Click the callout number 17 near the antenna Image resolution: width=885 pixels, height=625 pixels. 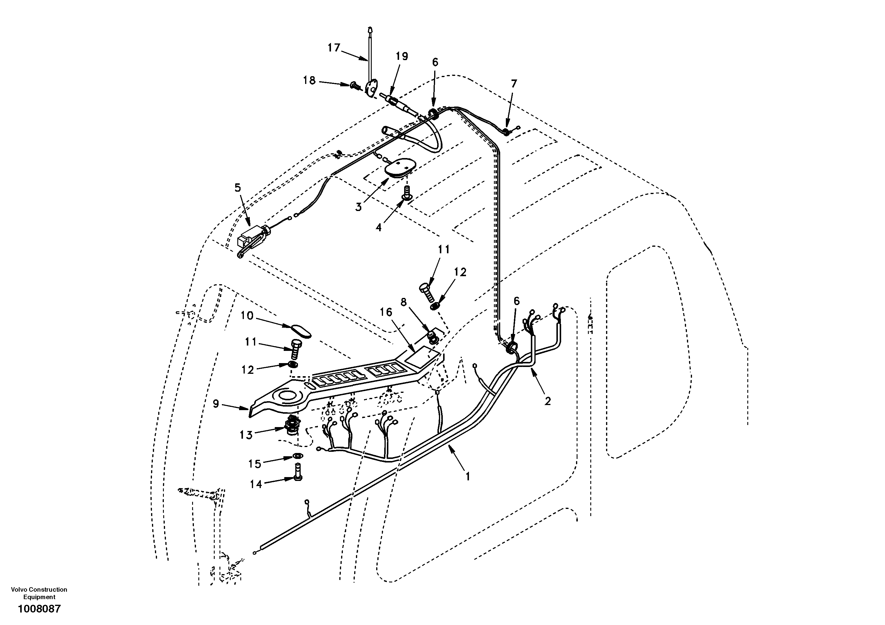pyautogui.click(x=334, y=48)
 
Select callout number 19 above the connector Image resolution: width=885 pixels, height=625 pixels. pyautogui.click(x=402, y=57)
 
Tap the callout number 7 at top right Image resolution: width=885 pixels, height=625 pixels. pyautogui.click(x=514, y=84)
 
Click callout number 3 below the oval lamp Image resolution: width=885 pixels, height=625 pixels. pyautogui.click(x=358, y=207)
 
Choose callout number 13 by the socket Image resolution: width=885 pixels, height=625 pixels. pyautogui.click(x=246, y=435)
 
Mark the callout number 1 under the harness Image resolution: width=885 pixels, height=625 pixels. pyautogui.click(x=467, y=477)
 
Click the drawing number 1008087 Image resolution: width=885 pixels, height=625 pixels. pyautogui.click(x=39, y=609)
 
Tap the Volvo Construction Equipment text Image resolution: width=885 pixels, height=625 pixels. pyautogui.click(x=39, y=593)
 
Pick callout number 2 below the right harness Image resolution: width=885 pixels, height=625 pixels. pyautogui.click(x=547, y=401)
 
